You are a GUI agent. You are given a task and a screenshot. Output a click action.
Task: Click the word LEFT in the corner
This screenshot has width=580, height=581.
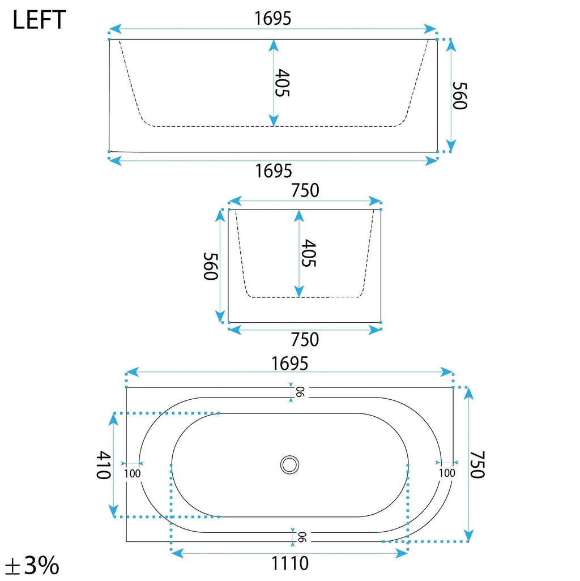pyautogui.click(x=39, y=20)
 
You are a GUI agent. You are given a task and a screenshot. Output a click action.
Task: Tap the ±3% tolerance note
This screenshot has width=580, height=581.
pyautogui.click(x=33, y=565)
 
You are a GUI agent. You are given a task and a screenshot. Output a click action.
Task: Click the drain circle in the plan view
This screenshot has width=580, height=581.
pyautogui.click(x=289, y=465)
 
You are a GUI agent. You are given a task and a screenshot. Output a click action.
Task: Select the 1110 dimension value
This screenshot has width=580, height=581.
pyautogui.click(x=290, y=563)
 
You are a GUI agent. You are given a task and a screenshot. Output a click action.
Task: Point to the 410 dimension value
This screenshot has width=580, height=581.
pyautogui.click(x=104, y=465)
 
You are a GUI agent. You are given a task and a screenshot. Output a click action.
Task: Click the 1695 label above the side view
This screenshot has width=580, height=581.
pyautogui.click(x=273, y=18)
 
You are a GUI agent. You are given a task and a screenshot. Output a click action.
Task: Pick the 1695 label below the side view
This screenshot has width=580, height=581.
pyautogui.click(x=274, y=171)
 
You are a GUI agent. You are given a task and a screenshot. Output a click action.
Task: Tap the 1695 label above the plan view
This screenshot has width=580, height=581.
pyautogui.click(x=290, y=364)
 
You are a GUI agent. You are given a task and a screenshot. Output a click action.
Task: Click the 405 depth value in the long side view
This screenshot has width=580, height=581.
pyautogui.click(x=283, y=83)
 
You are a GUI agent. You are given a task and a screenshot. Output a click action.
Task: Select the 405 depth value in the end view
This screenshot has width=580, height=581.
pyautogui.click(x=308, y=253)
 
